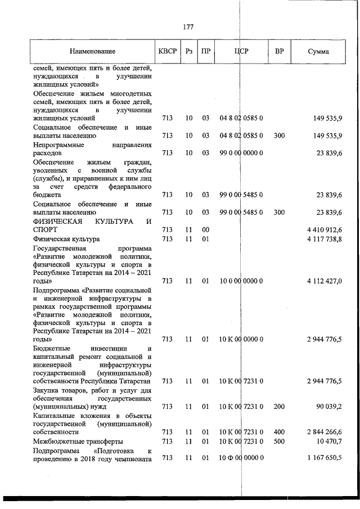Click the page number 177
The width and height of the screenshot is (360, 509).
189,26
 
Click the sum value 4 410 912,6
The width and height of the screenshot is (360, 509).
325,230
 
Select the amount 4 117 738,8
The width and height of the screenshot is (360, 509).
325,239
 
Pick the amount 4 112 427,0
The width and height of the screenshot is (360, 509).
325,281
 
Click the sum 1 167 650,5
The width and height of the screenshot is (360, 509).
325,459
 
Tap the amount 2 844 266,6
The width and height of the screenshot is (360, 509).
325,431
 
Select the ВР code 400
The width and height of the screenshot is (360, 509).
279,431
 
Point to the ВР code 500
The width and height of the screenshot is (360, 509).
279,441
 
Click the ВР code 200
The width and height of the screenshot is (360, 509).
279,406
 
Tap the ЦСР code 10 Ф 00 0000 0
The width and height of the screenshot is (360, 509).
241,459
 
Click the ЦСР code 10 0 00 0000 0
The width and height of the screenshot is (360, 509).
241,281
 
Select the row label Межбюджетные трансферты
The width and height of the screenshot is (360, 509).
76,441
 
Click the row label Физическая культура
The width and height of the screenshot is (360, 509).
66,239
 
